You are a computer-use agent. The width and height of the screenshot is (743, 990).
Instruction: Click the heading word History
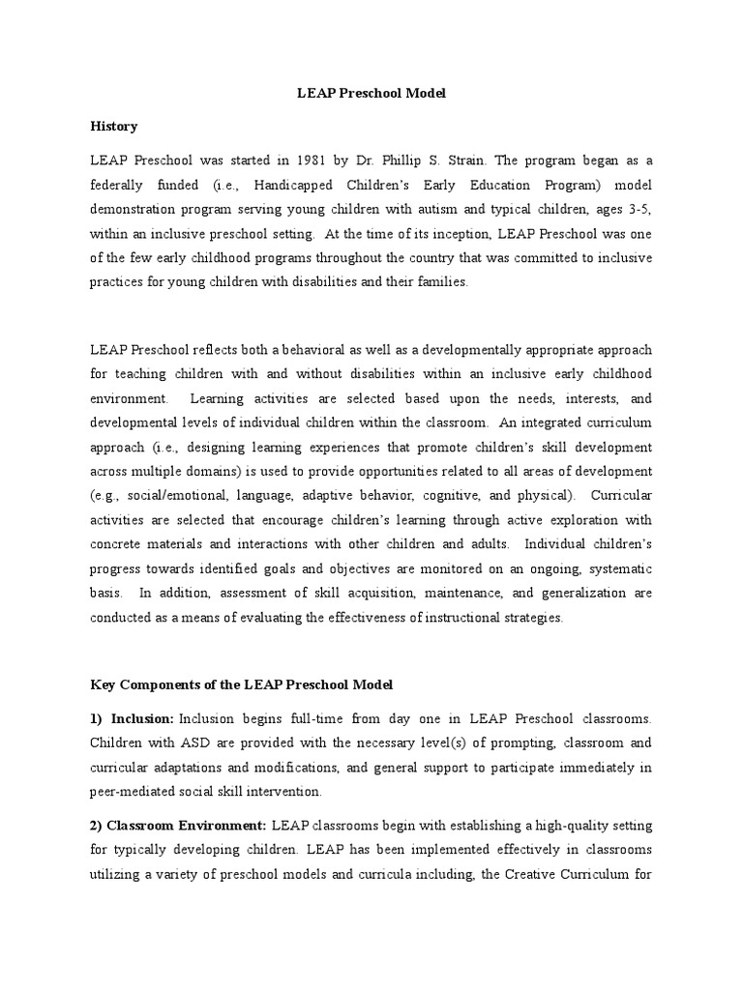[x=114, y=127]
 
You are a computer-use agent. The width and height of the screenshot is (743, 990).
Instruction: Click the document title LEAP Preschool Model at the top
[x=371, y=94]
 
